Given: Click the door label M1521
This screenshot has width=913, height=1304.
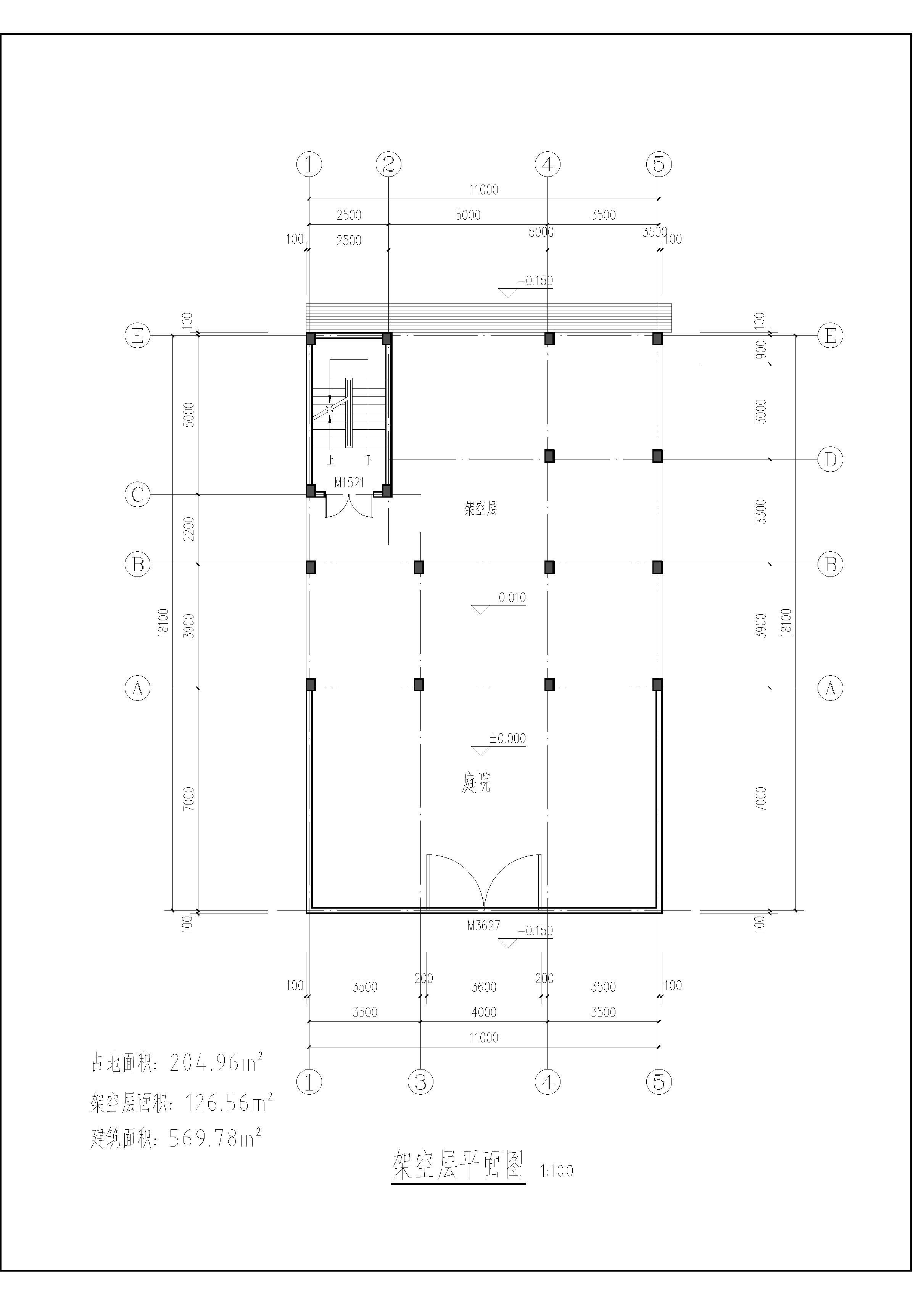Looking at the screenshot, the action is [x=349, y=483].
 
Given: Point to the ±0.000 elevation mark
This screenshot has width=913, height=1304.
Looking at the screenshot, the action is [x=507, y=738].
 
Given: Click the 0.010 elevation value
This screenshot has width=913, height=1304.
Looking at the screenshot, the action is [x=512, y=597].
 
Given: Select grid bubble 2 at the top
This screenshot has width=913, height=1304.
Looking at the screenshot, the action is [x=389, y=165].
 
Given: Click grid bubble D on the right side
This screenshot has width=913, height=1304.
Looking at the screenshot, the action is [x=830, y=459].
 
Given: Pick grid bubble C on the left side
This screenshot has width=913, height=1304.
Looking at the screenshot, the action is [x=137, y=494].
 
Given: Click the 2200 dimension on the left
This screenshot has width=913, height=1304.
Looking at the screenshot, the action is [x=189, y=529].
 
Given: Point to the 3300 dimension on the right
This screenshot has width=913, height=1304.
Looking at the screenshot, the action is [x=761, y=511].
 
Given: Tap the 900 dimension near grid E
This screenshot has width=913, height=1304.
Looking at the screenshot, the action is [x=761, y=349].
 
